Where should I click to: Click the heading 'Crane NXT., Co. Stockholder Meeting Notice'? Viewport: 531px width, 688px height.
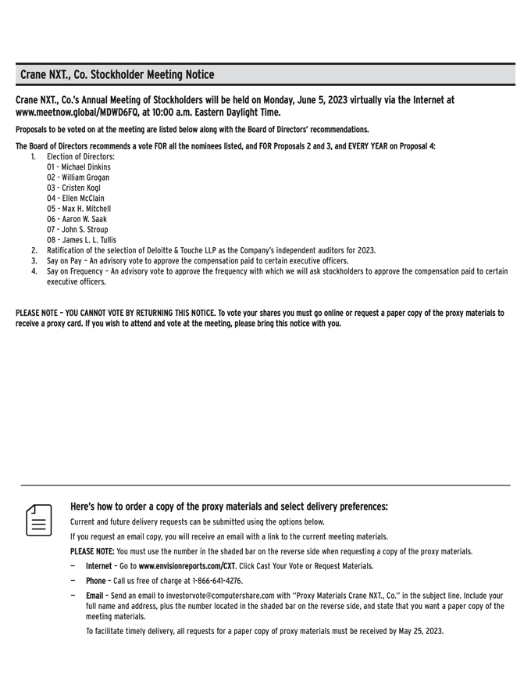tap(117, 75)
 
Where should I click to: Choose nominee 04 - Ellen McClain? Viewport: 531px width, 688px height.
tap(76, 199)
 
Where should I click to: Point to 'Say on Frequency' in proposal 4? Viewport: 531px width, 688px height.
tap(75, 271)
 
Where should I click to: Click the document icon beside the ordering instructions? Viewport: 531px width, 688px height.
tap(37, 519)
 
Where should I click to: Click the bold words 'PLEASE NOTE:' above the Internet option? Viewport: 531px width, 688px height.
tap(92, 551)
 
